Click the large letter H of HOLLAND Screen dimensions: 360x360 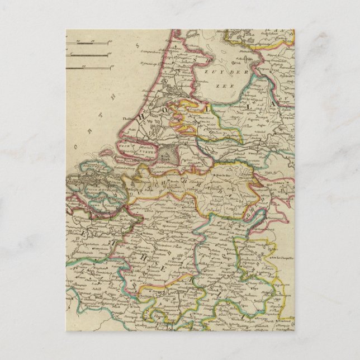tap(144, 115)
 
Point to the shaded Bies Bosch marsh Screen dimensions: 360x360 tap(167, 154)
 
